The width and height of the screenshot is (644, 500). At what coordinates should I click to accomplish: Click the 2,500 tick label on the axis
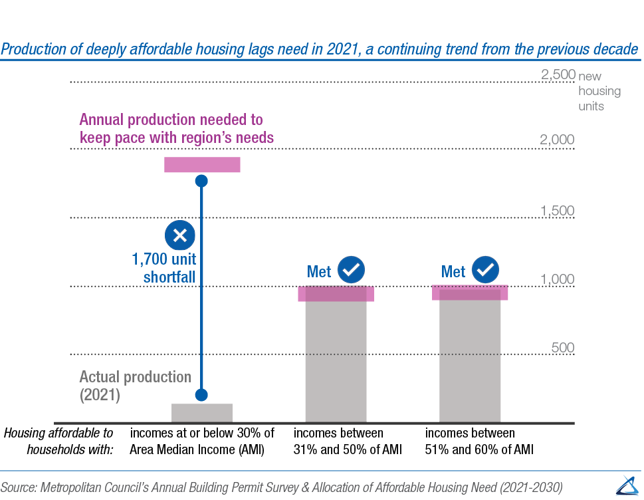pyautogui.click(x=558, y=75)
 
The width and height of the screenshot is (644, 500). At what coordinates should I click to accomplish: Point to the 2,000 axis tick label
pyautogui.click(x=558, y=140)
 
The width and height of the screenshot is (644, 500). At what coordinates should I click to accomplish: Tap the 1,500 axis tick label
pyautogui.click(x=558, y=211)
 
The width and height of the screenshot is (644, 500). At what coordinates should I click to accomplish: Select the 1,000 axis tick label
pyautogui.click(x=558, y=279)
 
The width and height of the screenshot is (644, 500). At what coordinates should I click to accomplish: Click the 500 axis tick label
pyautogui.click(x=562, y=348)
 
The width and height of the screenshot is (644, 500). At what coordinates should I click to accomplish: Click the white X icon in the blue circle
pyautogui.click(x=179, y=235)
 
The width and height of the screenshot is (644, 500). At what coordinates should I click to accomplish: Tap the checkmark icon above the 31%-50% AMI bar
pyautogui.click(x=352, y=270)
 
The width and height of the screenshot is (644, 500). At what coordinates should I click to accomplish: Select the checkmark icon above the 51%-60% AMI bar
pyautogui.click(x=486, y=270)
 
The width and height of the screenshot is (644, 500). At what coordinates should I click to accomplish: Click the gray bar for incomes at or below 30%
pyautogui.click(x=202, y=413)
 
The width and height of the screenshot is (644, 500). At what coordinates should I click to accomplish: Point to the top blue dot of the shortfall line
pyautogui.click(x=202, y=181)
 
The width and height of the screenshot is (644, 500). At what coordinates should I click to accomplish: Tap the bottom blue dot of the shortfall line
pyautogui.click(x=202, y=395)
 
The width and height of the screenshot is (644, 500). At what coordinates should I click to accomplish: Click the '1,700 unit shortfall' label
pyautogui.click(x=163, y=267)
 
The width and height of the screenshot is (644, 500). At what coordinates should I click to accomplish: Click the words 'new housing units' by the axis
pyautogui.click(x=599, y=91)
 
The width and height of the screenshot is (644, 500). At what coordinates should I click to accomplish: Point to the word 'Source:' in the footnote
pyautogui.click(x=19, y=485)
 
